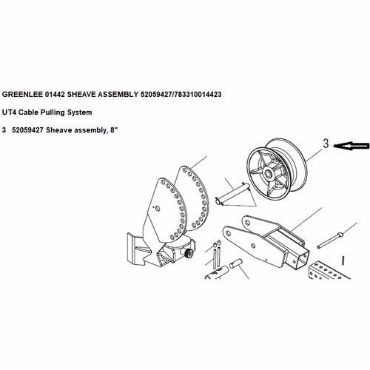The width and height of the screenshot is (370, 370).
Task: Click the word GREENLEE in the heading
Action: click(26, 95)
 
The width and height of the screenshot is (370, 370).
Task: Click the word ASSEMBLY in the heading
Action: click(129, 95)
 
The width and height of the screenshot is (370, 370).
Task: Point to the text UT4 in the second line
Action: click(10, 112)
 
